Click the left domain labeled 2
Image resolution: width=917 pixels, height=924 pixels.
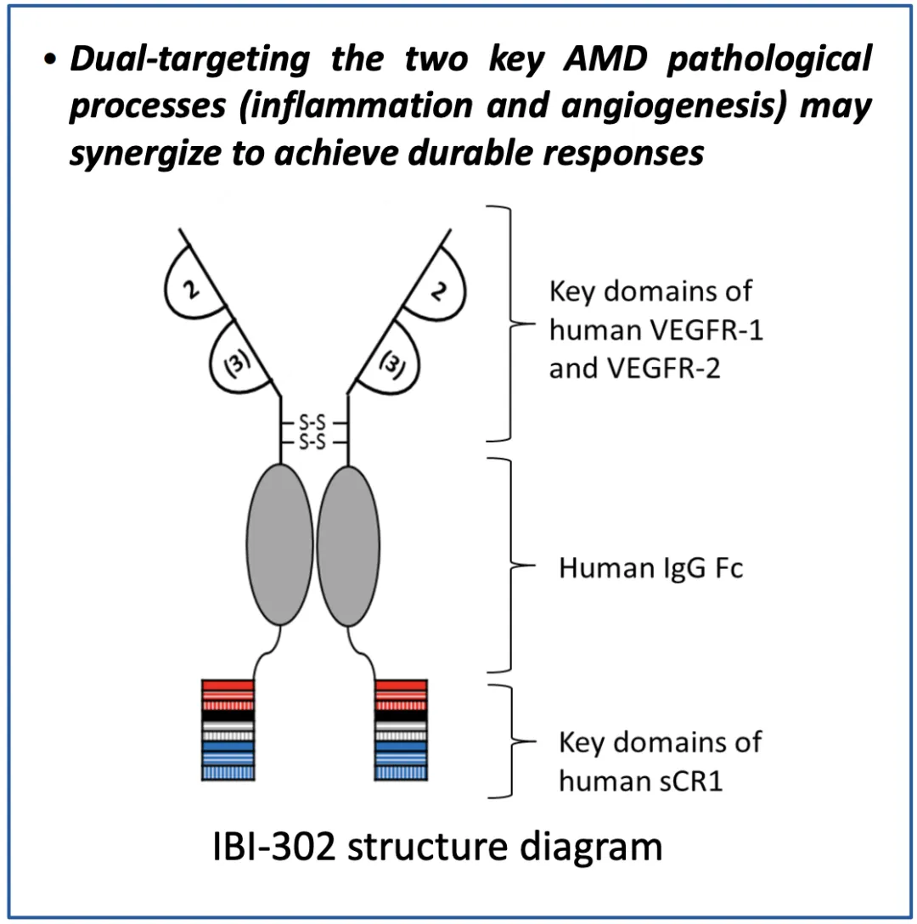pyautogui.click(x=194, y=290)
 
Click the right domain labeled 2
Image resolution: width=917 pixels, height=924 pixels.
pyautogui.click(x=436, y=290)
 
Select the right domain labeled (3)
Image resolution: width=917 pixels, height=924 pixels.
pyautogui.click(x=389, y=361)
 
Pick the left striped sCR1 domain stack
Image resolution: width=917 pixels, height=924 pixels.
pyautogui.click(x=228, y=730)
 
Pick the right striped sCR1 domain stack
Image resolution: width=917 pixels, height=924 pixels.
pyautogui.click(x=400, y=730)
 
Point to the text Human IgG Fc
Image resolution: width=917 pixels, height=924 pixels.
pyautogui.click(x=650, y=567)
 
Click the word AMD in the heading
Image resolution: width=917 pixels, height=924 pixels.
pyautogui.click(x=574, y=60)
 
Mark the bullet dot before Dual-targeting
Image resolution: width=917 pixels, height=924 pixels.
pyautogui.click(x=53, y=61)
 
